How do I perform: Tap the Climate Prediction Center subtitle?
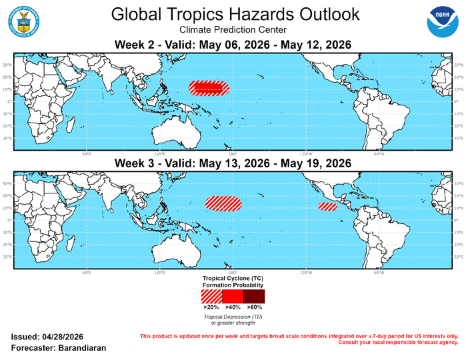(233, 30)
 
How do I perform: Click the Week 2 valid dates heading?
(233, 44)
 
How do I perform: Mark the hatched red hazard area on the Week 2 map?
(209, 87)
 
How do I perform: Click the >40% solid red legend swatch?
(233, 295)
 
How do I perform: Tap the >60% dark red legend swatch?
(254, 295)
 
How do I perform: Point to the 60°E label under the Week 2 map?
(87, 152)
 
